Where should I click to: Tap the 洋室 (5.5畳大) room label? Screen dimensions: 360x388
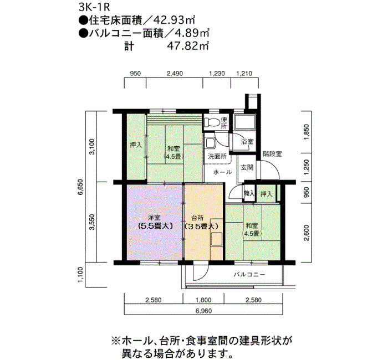point(154,222)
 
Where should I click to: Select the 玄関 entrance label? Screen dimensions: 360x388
point(247,167)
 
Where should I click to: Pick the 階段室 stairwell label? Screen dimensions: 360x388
point(272,153)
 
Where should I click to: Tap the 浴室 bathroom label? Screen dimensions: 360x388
point(247,142)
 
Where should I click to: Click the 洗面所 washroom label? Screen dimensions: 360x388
point(217,157)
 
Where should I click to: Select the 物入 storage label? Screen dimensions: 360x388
point(249,193)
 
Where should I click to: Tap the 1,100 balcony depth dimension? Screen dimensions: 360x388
point(80,275)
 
